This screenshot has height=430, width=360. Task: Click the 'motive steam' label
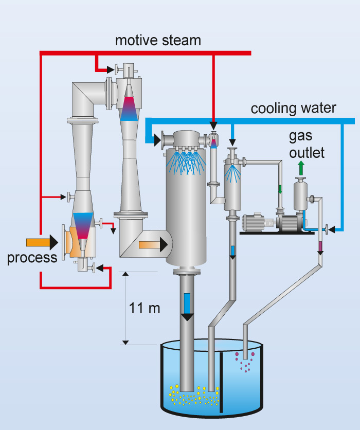point(158,40)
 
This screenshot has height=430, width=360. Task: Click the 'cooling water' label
point(293,109)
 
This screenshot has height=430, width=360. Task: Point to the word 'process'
point(32,257)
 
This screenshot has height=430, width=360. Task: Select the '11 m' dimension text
point(145,308)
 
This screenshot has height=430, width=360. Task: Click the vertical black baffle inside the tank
point(222,383)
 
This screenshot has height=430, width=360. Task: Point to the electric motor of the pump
point(255,223)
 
